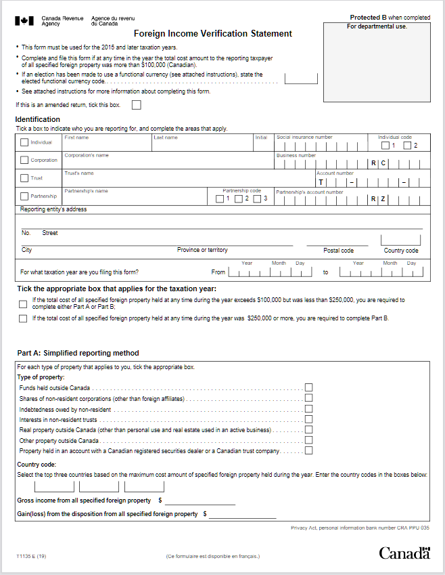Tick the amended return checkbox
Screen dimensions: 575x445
(x=137, y=105)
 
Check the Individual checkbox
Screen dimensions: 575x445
(x=25, y=142)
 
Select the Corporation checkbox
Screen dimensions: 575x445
(x=25, y=161)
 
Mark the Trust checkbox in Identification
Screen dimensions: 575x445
(x=25, y=178)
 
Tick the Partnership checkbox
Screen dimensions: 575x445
(x=25, y=196)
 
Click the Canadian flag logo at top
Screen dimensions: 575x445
(x=24, y=20)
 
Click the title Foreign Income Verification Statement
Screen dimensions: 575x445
(x=213, y=33)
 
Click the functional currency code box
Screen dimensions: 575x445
(x=301, y=77)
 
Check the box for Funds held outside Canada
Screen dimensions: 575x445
(x=309, y=387)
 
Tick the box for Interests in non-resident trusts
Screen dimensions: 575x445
(x=309, y=419)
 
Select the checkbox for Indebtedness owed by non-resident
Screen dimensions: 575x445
(x=309, y=408)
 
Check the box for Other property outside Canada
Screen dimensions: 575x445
(x=309, y=440)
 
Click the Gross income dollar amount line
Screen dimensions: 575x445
(x=200, y=501)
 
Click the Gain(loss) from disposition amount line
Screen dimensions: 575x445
(x=243, y=514)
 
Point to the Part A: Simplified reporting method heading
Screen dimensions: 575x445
(x=78, y=353)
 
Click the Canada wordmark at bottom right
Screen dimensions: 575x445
(x=404, y=553)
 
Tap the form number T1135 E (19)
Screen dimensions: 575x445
(x=32, y=556)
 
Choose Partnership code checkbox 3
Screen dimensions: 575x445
(x=258, y=198)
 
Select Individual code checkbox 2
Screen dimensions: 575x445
(x=407, y=146)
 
